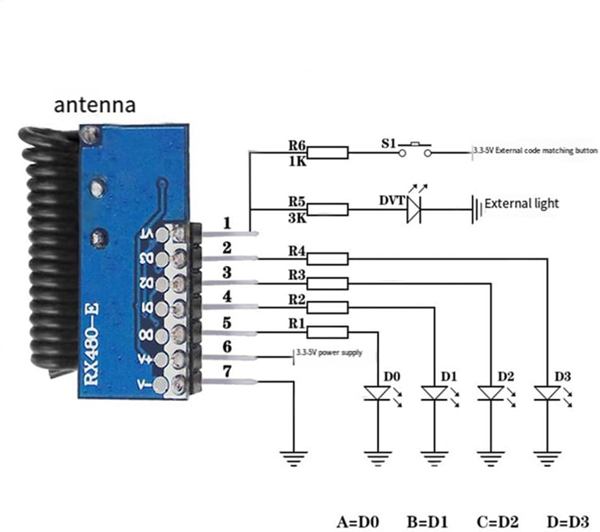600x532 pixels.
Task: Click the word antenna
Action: (95, 104)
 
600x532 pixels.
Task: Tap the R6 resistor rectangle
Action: (328, 153)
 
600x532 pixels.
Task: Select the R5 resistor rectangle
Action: (328, 209)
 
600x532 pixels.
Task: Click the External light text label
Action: (521, 203)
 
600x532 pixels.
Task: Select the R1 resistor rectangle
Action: (328, 332)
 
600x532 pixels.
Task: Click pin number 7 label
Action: (227, 372)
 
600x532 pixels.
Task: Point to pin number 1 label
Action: (227, 222)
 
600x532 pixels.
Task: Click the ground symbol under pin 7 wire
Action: (292, 459)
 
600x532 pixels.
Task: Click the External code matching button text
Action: (536, 151)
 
